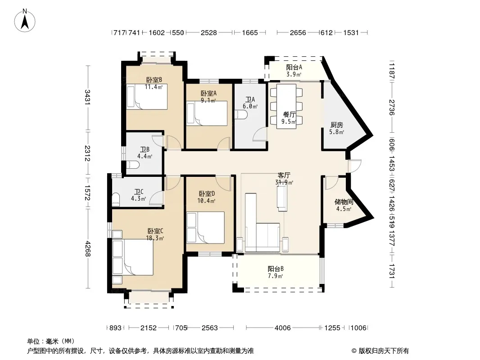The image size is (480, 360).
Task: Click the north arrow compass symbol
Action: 25,20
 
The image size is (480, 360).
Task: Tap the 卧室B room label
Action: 154,80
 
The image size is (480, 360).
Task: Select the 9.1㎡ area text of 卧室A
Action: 208,100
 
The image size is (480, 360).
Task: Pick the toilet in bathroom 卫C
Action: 116,199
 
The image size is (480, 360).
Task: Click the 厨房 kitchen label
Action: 337,125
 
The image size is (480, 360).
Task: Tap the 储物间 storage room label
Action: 344,202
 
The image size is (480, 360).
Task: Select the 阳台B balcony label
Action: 276,269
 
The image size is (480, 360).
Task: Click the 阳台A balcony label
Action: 294,67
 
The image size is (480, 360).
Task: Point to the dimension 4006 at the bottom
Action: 282,328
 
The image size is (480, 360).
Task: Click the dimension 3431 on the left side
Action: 87,97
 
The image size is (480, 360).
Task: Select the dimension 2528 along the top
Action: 209,33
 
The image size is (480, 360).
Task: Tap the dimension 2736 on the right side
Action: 392,108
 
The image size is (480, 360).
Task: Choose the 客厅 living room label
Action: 284,175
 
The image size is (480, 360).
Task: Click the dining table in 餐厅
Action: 286,106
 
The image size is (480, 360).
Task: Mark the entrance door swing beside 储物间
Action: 354,166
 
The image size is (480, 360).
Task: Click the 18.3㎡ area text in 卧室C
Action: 155,238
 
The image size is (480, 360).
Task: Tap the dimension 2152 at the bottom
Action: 149,328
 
